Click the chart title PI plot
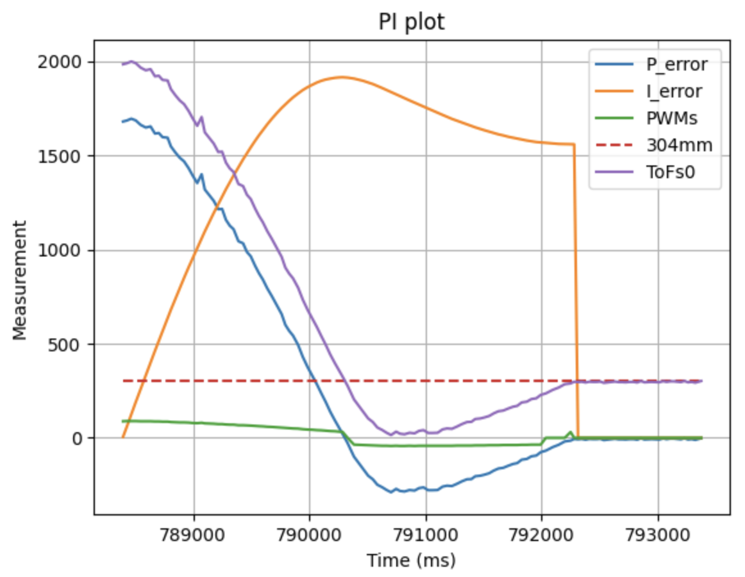click(411, 22)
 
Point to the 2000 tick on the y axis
click(61, 62)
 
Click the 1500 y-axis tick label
click(61, 156)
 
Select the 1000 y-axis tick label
click(61, 250)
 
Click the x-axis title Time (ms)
click(411, 560)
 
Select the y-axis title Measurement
click(20, 280)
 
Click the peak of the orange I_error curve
click(341, 77)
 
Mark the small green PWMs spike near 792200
click(570, 432)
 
